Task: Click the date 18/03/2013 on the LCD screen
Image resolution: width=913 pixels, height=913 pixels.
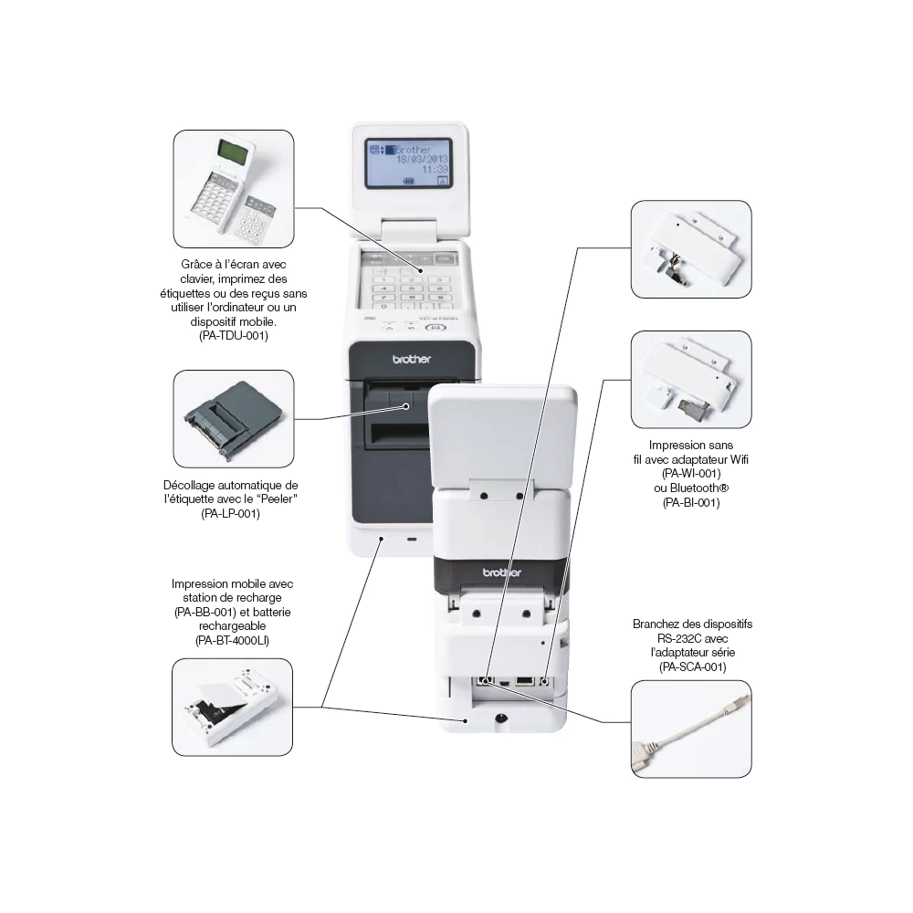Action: pyautogui.click(x=421, y=159)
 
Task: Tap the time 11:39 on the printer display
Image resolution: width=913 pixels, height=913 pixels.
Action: pyautogui.click(x=435, y=170)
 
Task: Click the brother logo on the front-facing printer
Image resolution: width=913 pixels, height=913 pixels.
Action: pyautogui.click(x=411, y=360)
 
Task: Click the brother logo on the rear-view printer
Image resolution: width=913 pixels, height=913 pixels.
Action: pyautogui.click(x=501, y=572)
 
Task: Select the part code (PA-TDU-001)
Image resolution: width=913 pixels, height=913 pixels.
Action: pyautogui.click(x=234, y=335)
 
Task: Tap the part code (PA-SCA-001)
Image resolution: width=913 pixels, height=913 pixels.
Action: pyautogui.click(x=691, y=667)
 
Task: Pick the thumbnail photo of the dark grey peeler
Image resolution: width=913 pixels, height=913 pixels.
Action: pyautogui.click(x=234, y=417)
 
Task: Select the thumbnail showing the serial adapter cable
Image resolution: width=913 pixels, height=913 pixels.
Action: pyautogui.click(x=691, y=729)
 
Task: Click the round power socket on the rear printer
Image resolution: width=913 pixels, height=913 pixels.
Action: pyautogui.click(x=500, y=719)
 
